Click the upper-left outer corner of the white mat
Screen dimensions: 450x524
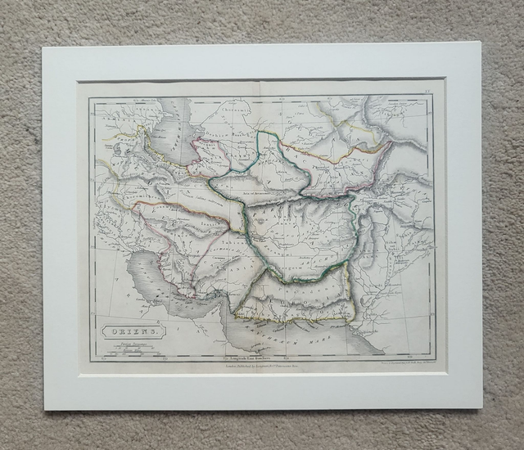(x=43, y=47)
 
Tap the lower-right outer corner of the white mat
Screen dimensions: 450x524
(x=482, y=408)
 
